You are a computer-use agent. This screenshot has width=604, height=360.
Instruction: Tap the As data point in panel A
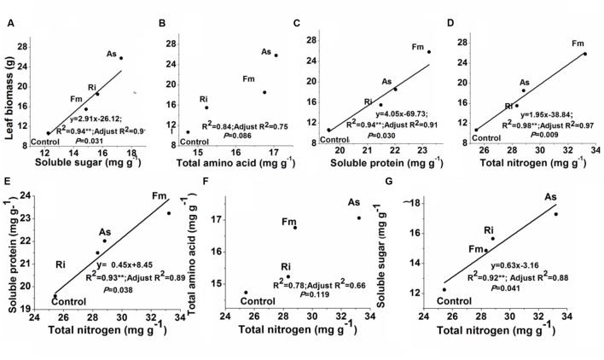121,58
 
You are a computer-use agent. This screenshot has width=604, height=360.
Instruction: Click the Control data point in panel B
188,132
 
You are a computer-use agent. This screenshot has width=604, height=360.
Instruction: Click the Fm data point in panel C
429,51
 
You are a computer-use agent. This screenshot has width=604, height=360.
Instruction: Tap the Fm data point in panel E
169,213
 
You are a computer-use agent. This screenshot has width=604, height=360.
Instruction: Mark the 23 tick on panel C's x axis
429,151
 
